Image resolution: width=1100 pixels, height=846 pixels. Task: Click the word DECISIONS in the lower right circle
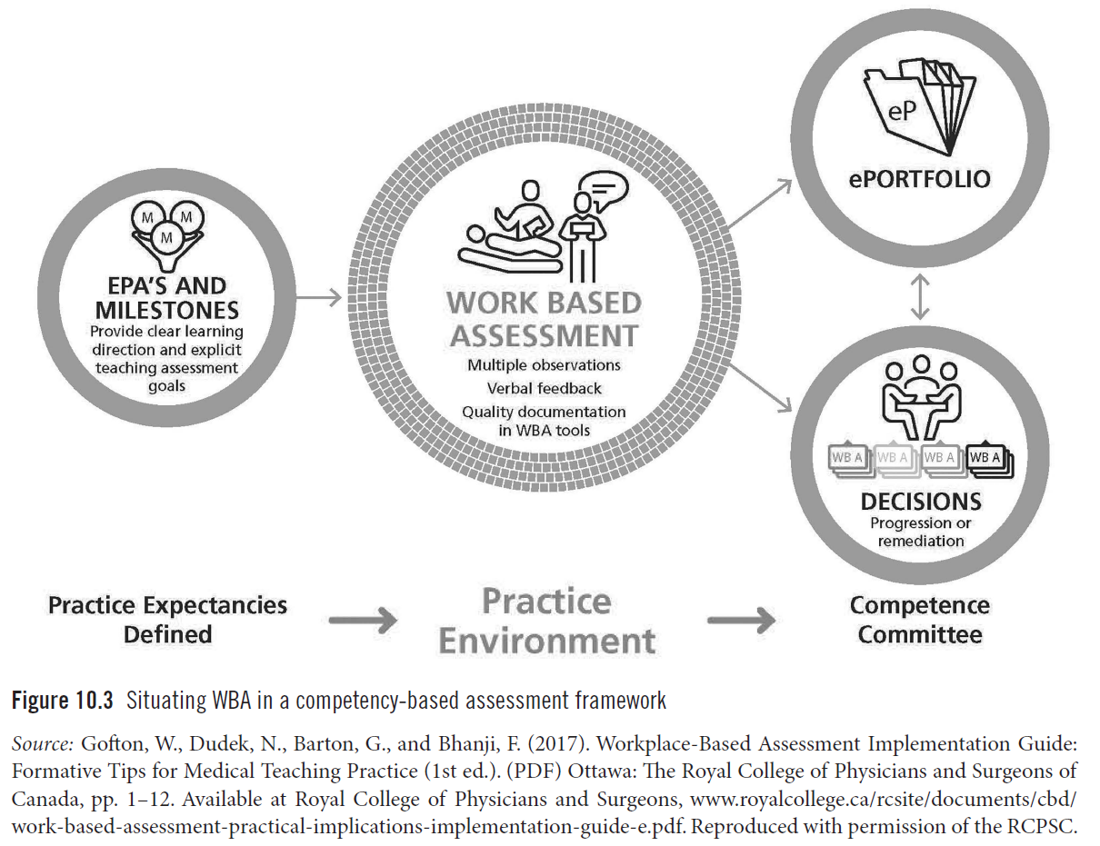[x=920, y=501]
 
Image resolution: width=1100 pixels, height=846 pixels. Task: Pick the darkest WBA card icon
[x=989, y=460]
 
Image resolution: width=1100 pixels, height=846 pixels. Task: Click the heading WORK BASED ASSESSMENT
[x=544, y=319]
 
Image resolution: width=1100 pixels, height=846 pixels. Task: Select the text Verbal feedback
[x=544, y=388]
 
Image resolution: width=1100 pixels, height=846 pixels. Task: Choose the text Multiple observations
[x=544, y=364]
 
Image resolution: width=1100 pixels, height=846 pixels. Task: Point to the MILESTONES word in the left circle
[x=166, y=310]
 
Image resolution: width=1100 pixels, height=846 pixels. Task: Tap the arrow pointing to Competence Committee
[x=740, y=622]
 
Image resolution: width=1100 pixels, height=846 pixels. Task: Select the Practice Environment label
[x=545, y=621]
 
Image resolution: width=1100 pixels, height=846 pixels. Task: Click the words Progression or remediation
[x=920, y=532]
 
